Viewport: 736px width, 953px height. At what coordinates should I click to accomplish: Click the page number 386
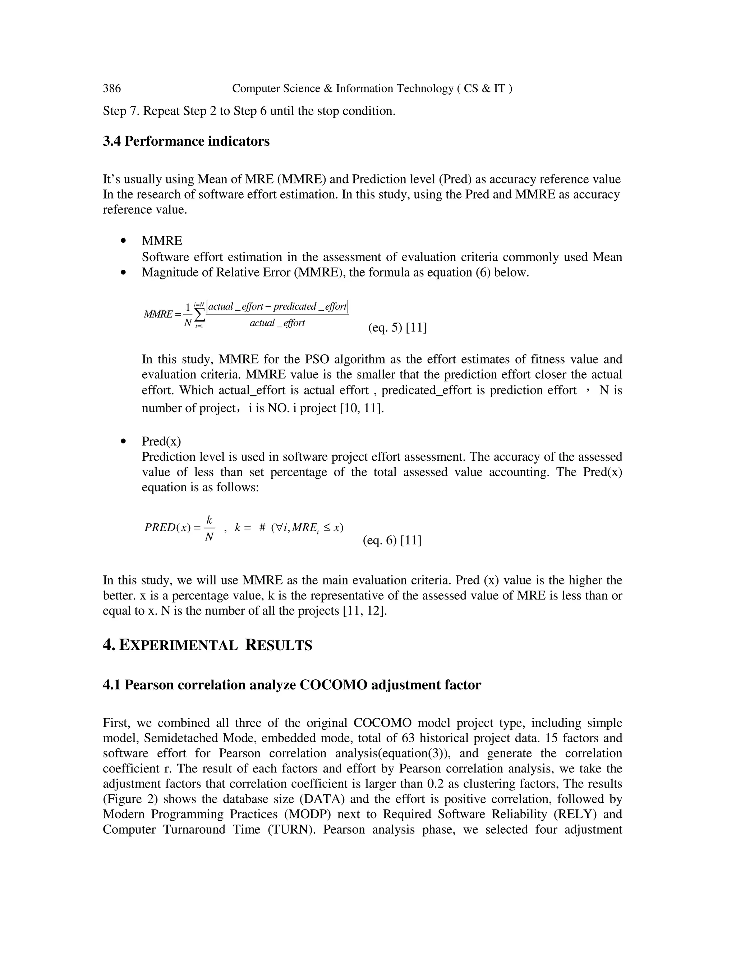[x=112, y=88]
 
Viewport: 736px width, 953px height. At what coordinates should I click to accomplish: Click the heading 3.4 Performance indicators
[x=186, y=141]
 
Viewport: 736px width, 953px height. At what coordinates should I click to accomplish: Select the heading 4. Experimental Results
[x=208, y=646]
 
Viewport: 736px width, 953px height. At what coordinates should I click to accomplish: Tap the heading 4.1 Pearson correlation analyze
[x=292, y=685]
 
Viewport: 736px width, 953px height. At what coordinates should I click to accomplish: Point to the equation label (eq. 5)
[x=386, y=327]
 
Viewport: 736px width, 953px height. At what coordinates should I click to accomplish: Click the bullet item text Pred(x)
[x=161, y=442]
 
